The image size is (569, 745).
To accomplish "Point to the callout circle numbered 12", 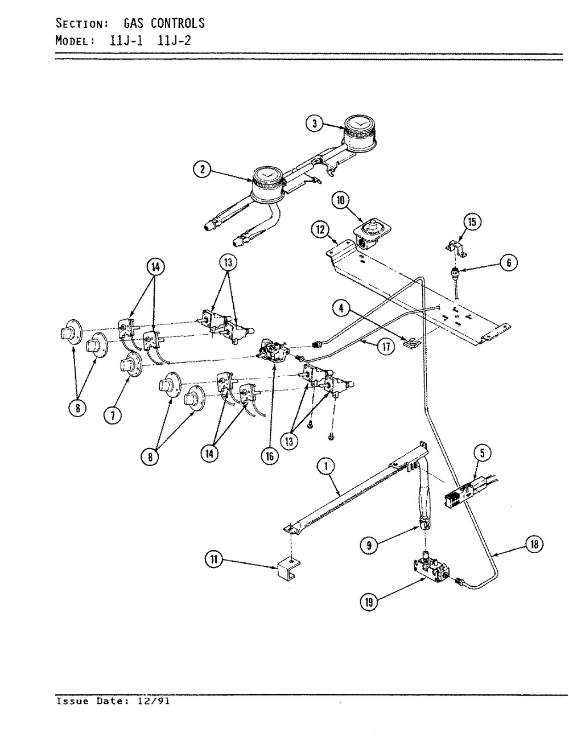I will point(319,230).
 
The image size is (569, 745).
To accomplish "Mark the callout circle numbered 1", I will point(325,467).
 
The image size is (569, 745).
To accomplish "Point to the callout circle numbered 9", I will point(369,545).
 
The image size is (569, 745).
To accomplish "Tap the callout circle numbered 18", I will point(534,545).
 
